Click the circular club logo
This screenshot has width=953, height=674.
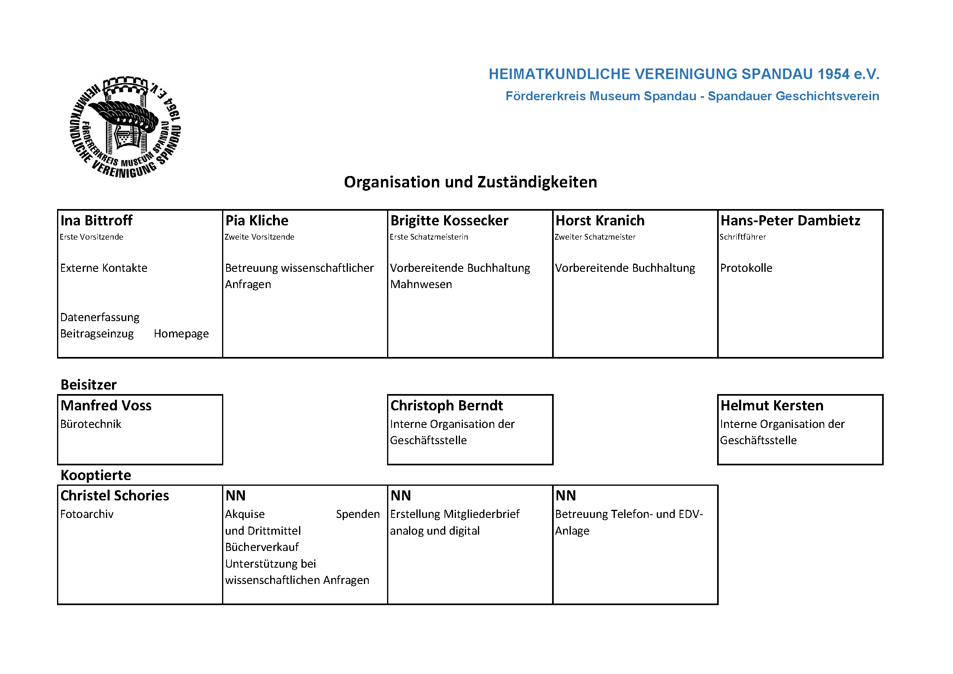125,127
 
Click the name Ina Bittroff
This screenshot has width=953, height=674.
96,220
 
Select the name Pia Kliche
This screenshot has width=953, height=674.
257,220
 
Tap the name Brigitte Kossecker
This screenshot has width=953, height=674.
449,220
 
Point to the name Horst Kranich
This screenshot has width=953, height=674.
600,220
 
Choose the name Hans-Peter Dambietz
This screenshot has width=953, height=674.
790,220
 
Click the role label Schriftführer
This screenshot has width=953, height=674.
743,237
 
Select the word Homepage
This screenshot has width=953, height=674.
181,334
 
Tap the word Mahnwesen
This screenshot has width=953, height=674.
421,284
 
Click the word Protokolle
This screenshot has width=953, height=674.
746,268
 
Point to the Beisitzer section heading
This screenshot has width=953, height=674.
88,385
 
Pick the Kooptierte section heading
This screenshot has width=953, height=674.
95,475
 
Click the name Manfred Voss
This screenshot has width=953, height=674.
106,405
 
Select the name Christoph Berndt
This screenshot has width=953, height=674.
446,405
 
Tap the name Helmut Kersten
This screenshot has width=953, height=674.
772,405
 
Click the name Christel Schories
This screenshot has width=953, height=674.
114,496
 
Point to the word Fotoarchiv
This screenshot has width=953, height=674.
86,514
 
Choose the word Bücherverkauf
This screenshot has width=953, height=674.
262,547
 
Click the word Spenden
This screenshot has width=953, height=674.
357,514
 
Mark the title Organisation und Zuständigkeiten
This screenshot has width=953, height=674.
470,182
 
